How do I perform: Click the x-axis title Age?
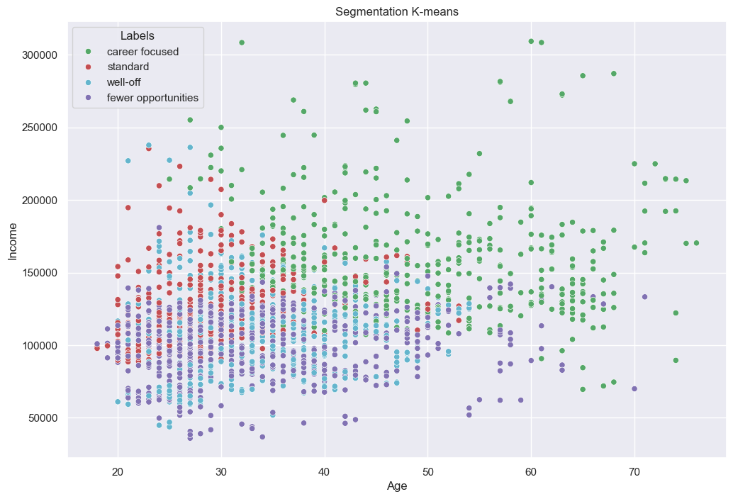[397, 486]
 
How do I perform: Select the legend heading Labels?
[138, 35]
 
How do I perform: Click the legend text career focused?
[142, 51]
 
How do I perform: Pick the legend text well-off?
[124, 82]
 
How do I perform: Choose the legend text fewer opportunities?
[152, 98]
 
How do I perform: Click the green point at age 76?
[696, 243]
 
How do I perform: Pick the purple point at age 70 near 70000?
[634, 388]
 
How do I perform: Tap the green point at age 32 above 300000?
[242, 43]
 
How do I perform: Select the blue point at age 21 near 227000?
[128, 161]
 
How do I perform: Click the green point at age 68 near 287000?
[614, 73]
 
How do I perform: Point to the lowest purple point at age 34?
[262, 437]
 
